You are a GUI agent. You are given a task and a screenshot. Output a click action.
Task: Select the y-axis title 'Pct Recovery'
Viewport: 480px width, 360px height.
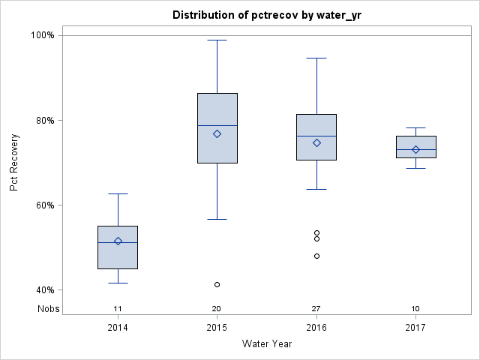14,163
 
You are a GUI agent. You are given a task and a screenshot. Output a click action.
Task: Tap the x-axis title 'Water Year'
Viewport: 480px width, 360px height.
266,344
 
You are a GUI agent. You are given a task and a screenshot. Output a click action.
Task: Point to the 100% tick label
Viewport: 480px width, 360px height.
41,35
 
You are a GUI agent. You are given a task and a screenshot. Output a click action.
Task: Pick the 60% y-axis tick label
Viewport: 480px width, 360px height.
43,205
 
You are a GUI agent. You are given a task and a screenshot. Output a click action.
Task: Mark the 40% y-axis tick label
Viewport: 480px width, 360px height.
43,290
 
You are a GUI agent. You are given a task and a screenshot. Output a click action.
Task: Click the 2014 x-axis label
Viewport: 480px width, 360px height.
118,328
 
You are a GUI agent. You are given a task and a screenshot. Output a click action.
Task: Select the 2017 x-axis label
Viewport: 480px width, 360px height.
415,328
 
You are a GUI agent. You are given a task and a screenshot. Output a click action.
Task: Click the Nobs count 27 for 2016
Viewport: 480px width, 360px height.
316,309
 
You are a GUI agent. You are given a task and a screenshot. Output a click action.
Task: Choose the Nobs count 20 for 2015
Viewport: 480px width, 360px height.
217,309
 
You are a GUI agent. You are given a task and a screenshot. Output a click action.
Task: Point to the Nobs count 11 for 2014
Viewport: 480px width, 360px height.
118,309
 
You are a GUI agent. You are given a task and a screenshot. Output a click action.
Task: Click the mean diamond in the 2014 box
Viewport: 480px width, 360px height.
118,241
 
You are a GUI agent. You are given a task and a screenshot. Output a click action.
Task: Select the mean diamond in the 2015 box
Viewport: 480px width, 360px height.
217,133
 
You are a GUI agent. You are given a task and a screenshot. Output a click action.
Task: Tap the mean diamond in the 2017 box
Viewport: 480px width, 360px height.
415,149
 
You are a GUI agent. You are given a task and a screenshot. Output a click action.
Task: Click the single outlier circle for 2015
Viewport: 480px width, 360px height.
217,285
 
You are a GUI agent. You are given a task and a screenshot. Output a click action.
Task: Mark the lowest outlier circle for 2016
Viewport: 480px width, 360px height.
316,256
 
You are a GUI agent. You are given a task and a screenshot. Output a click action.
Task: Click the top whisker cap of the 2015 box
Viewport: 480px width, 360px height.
217,40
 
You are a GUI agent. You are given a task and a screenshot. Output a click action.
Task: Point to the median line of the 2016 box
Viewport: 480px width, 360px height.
316,136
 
